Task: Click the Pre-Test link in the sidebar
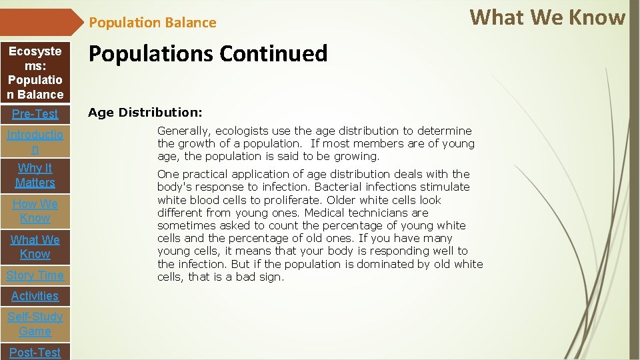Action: [x=35, y=114]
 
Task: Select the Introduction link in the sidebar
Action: [x=35, y=142]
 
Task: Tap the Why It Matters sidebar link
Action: [x=35, y=175]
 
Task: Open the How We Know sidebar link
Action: [x=35, y=211]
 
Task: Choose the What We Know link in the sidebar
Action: [x=35, y=247]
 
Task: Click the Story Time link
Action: [x=35, y=275]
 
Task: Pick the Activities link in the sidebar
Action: [x=35, y=296]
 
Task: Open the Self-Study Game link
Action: [x=35, y=324]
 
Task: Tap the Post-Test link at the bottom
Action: [x=35, y=352]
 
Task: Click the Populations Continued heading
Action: [x=208, y=53]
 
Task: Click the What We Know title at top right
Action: [x=547, y=17]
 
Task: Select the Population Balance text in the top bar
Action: [x=153, y=23]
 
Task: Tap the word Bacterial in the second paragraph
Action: [x=339, y=187]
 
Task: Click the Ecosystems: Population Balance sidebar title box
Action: [x=35, y=73]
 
